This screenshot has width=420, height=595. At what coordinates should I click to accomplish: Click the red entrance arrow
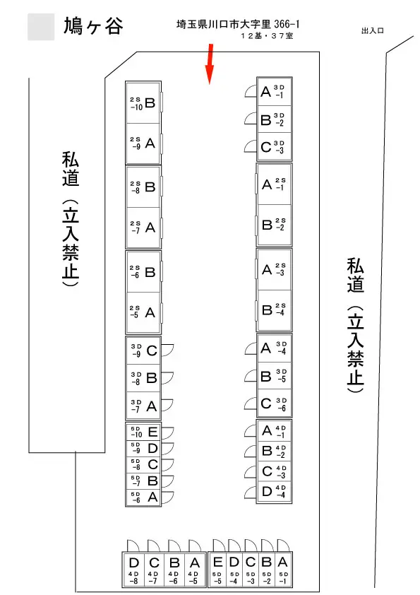pyautogui.click(x=210, y=64)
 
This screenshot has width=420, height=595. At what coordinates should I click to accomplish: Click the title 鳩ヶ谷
pyautogui.click(x=93, y=26)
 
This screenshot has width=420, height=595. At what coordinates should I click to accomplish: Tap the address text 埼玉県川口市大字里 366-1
pyautogui.click(x=238, y=24)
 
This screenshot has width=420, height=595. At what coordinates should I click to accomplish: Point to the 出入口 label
pyautogui.click(x=373, y=30)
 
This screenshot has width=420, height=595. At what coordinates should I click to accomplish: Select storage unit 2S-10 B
pyautogui.click(x=143, y=102)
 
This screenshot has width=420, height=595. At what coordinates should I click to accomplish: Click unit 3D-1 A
pyautogui.click(x=274, y=92)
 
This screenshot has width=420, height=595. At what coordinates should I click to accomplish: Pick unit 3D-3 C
pyautogui.click(x=274, y=146)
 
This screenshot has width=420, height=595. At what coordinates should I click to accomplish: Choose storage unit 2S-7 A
pyautogui.click(x=143, y=228)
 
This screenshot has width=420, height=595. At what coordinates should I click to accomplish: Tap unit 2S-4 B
pyautogui.click(x=274, y=310)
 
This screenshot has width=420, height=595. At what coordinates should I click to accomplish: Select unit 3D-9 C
pyautogui.click(x=143, y=350)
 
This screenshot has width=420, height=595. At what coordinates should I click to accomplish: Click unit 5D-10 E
pyautogui.click(x=143, y=432)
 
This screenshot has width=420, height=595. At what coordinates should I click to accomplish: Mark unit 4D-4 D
pyautogui.click(x=274, y=492)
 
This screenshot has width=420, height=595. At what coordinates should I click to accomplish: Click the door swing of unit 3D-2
pyautogui.click(x=250, y=118)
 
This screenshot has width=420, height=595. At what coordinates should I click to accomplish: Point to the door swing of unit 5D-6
pyautogui.click(x=167, y=497)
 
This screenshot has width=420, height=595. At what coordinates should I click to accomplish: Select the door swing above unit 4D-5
pyautogui.click(x=195, y=546)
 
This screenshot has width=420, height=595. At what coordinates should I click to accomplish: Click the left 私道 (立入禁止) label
pyautogui.click(x=71, y=219)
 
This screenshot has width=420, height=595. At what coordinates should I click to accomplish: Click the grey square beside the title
pyautogui.click(x=41, y=27)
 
